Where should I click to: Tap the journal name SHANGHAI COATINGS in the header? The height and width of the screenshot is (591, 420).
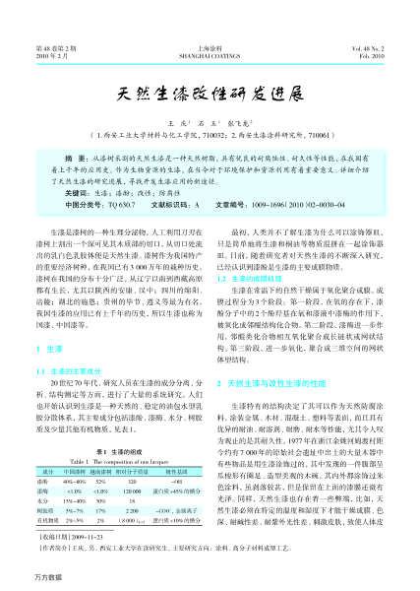pyautogui.click(x=210, y=57)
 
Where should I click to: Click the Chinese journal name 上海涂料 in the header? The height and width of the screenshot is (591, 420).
pyautogui.click(x=210, y=47)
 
